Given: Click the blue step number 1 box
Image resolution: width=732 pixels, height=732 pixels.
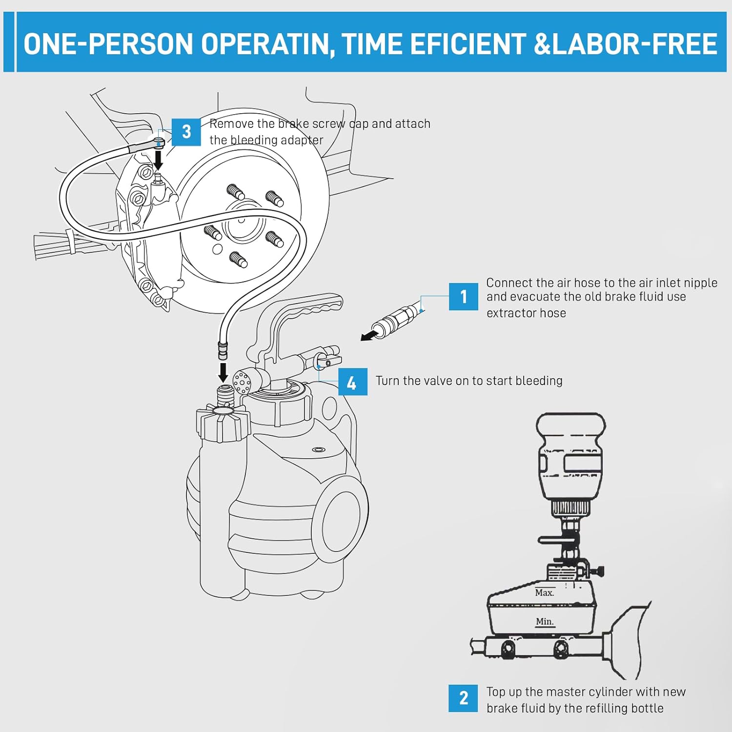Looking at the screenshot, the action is click(463, 296).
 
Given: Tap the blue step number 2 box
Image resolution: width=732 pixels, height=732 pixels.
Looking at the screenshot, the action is click(463, 698).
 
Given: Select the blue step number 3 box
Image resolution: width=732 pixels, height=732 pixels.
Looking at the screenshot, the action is click(186, 132).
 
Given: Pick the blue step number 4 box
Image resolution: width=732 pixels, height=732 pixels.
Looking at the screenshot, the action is click(352, 382).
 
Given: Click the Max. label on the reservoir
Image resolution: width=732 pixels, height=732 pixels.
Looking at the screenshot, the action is click(544, 592).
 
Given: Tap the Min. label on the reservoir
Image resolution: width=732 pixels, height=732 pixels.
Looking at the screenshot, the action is click(545, 621).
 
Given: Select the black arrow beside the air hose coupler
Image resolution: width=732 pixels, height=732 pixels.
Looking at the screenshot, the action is click(370, 335).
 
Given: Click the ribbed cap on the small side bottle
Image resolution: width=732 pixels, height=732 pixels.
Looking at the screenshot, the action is click(223, 422).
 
